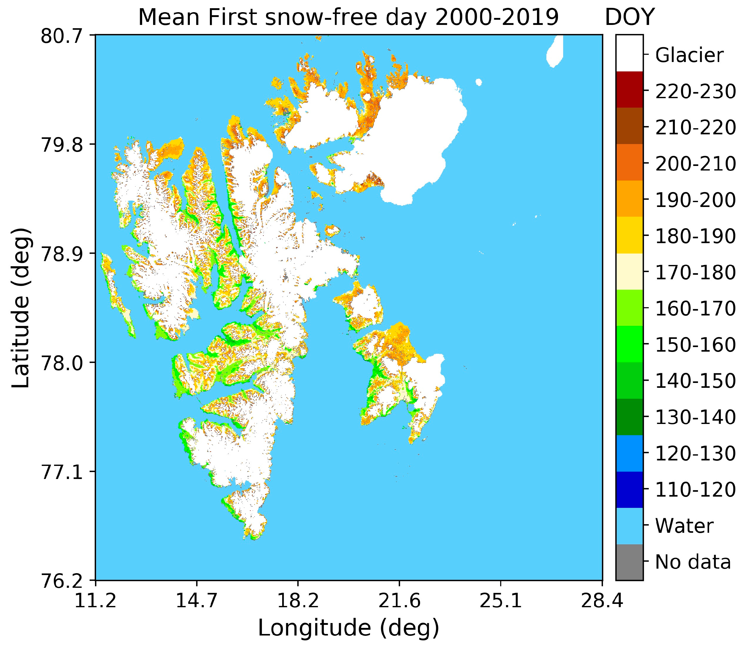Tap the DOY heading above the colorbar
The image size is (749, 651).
click(629, 17)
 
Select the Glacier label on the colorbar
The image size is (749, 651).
click(689, 55)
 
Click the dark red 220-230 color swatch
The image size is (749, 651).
click(629, 89)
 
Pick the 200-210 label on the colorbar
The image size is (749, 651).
click(695, 164)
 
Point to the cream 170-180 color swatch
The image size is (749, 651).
click(629, 271)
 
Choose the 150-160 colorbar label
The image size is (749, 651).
click(695, 345)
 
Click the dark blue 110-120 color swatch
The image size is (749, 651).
click(629, 489)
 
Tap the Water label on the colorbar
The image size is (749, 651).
click(684, 526)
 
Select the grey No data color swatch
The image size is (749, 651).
click(629, 562)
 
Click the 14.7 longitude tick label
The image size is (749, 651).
click(197, 601)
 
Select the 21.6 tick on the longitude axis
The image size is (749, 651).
click(399, 601)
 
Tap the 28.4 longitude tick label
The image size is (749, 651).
click(602, 601)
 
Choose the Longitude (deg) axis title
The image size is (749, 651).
click(349, 628)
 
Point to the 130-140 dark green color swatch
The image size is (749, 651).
click(629, 417)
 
